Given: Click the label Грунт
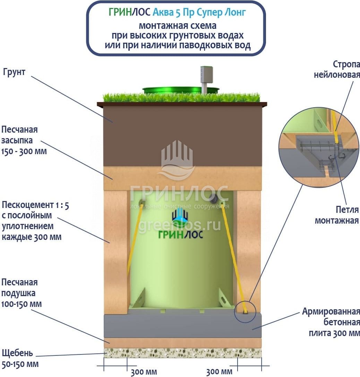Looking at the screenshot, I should tap(14, 73).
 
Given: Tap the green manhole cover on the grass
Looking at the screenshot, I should tap(180, 90).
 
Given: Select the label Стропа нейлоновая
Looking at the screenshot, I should tap(337, 69).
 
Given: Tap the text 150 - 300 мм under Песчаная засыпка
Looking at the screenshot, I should tap(24, 152).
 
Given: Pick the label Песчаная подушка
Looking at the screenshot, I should tap(20, 287).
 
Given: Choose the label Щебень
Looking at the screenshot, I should tap(17, 353).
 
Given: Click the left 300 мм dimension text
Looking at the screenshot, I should tap(144, 372).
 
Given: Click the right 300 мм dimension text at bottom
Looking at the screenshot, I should tap(219, 372).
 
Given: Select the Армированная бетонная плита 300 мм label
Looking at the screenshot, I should tap(331, 322).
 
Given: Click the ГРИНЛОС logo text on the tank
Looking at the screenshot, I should tap(180, 234).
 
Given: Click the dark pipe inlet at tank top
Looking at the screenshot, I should tap(214, 198).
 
